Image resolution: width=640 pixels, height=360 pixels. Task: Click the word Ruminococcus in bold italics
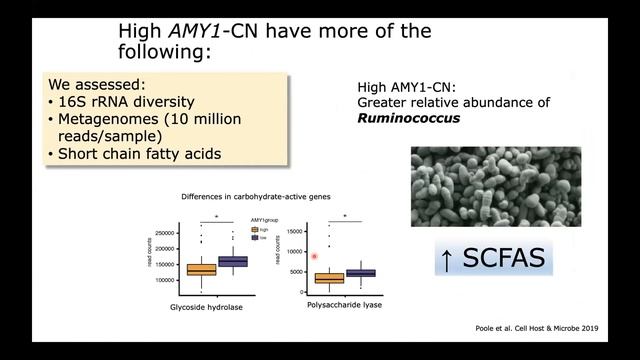coord(409,117)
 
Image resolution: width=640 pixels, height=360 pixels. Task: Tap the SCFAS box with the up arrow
coord(491,260)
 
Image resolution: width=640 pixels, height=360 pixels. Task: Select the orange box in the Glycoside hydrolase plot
coord(201,269)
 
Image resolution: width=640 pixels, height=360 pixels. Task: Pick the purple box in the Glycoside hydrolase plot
coord(232,261)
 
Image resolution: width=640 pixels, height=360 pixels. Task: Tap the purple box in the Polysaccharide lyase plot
coord(360,272)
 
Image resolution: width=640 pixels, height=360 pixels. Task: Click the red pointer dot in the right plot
coord(315,257)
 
